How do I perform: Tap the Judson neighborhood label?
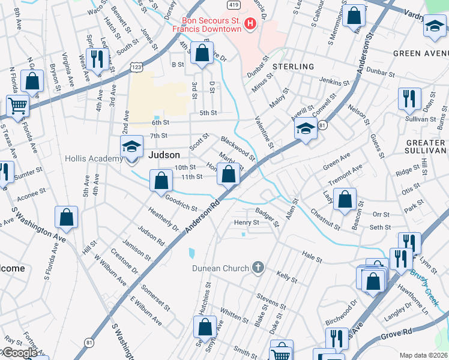click(164, 155)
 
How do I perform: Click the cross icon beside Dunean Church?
click(258, 267)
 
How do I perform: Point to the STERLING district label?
click(294, 67)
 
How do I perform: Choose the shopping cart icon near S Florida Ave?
click(19, 106)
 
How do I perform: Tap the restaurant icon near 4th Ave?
click(96, 59)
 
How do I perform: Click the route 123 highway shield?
click(137, 67)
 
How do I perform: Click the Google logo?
click(19, 352)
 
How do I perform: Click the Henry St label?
click(246, 222)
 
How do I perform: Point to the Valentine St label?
click(265, 132)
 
